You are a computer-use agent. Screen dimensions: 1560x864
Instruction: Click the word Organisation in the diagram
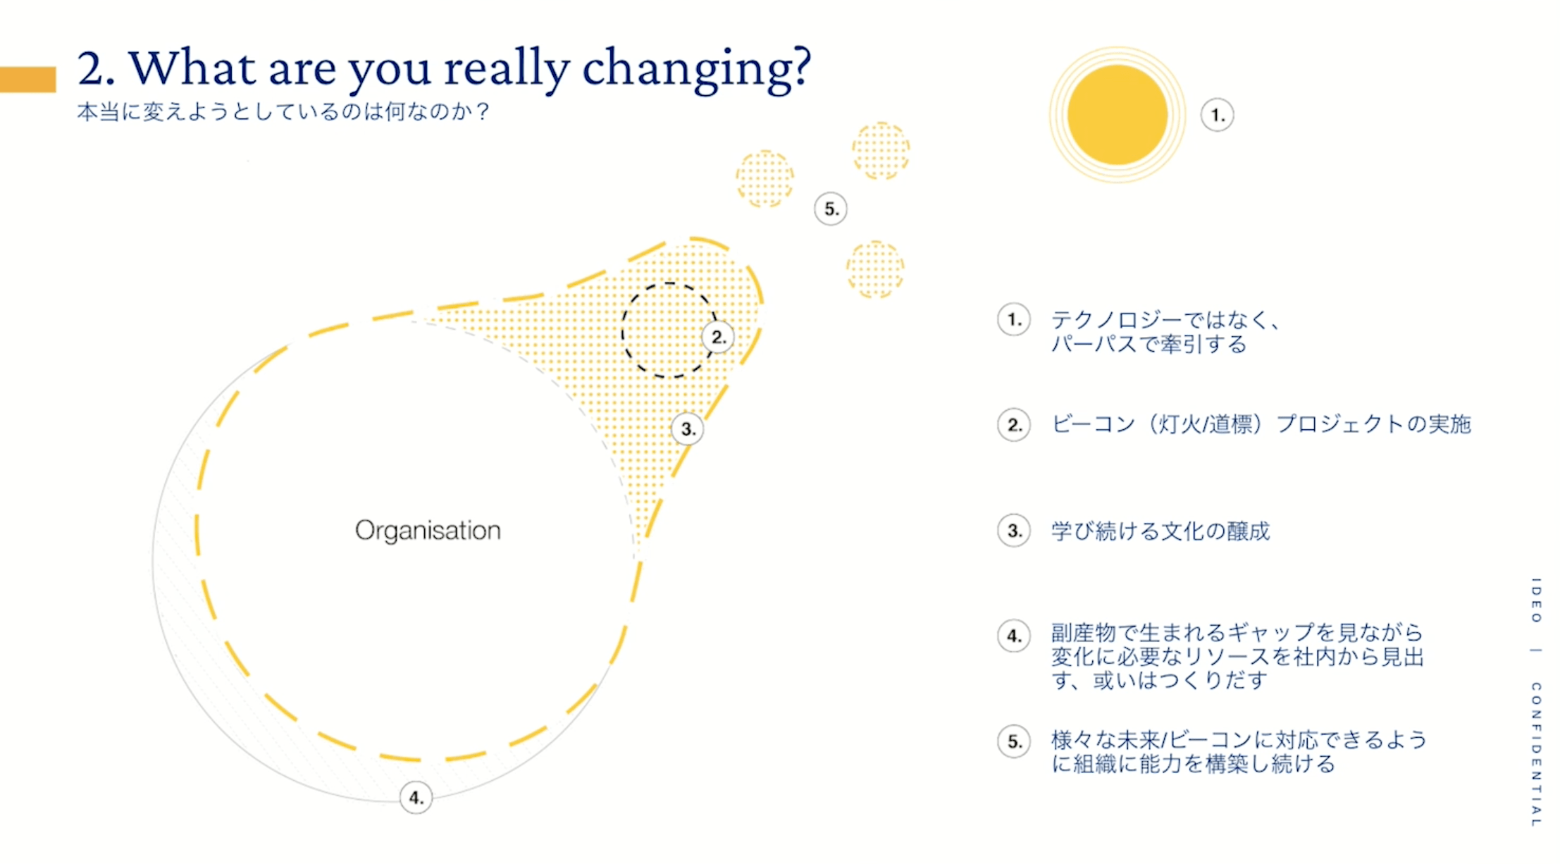coord(428,531)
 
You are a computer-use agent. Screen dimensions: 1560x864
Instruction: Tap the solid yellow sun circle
coord(1117,115)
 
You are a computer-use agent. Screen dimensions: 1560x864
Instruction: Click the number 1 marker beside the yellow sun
coord(1217,115)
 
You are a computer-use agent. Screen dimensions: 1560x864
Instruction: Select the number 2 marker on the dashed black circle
coord(717,337)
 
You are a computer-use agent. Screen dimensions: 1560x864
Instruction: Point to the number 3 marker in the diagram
coord(687,428)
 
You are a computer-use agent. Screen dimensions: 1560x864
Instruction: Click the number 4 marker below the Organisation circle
coord(416,798)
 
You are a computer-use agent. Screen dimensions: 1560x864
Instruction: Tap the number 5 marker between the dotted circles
coord(831,209)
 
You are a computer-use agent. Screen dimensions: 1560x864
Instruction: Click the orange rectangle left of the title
coord(27,80)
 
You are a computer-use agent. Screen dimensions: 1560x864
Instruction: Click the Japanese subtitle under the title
coord(283,111)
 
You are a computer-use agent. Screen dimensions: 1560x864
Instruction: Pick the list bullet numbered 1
coord(1014,320)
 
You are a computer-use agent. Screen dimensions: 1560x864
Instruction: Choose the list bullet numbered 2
coord(1014,425)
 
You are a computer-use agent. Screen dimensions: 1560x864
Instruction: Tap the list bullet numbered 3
coord(1014,531)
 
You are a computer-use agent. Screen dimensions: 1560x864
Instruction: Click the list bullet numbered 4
coord(1014,636)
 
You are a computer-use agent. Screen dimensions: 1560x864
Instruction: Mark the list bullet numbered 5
coord(1014,741)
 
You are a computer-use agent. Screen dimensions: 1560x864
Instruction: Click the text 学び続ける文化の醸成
coord(1160,531)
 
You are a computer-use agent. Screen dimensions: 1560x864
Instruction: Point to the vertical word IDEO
coord(1536,600)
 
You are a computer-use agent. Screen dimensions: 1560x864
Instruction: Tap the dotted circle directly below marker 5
coord(875,269)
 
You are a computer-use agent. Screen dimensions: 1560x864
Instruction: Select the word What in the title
coord(192,68)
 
